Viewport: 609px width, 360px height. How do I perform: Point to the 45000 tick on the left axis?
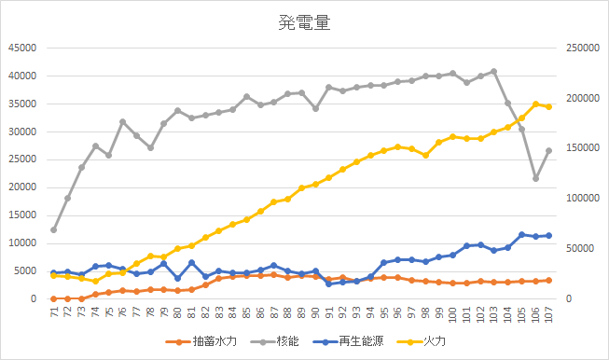click(21, 48)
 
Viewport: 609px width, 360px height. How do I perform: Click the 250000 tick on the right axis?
click(588, 48)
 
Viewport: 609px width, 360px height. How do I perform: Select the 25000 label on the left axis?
click(21, 159)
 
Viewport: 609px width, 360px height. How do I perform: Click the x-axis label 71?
click(54, 313)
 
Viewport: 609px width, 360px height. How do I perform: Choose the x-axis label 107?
click(548, 315)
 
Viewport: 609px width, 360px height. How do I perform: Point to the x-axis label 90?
click(315, 313)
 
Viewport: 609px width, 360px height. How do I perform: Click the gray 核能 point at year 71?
click(54, 229)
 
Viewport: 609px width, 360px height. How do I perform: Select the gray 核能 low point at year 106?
click(535, 178)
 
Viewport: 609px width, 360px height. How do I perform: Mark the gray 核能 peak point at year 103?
click(493, 72)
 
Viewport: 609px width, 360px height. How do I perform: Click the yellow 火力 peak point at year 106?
click(535, 104)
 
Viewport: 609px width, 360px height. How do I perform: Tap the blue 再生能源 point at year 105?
click(521, 234)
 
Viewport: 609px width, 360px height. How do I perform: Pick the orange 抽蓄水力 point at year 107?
click(548, 280)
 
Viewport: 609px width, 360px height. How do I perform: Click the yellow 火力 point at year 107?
click(548, 106)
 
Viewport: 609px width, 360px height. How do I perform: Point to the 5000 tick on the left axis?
click(23, 271)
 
